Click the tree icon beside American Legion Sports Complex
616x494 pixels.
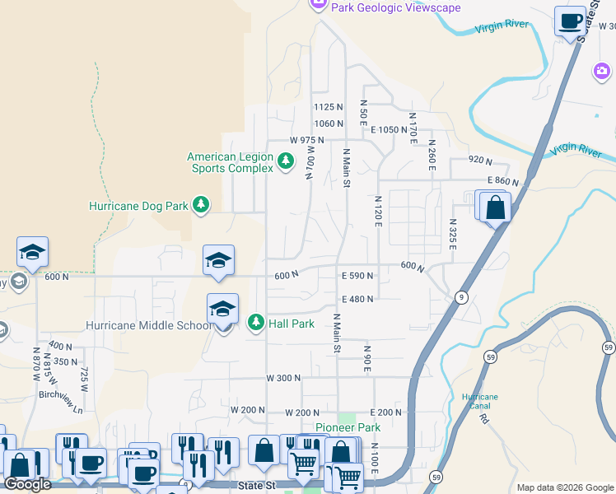coord(286,161)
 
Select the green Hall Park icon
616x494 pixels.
coord(256,323)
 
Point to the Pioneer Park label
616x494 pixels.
coord(348,428)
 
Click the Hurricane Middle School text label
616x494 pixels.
coord(149,325)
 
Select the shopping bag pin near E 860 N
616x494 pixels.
coord(495,207)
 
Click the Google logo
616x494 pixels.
coord(28,484)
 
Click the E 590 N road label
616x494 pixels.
coord(357,276)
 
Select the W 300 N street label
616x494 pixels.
coord(283,378)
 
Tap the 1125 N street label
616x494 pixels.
coord(328,107)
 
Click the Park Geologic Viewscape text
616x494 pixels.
coord(395,7)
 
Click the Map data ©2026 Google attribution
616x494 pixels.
coord(565,487)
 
